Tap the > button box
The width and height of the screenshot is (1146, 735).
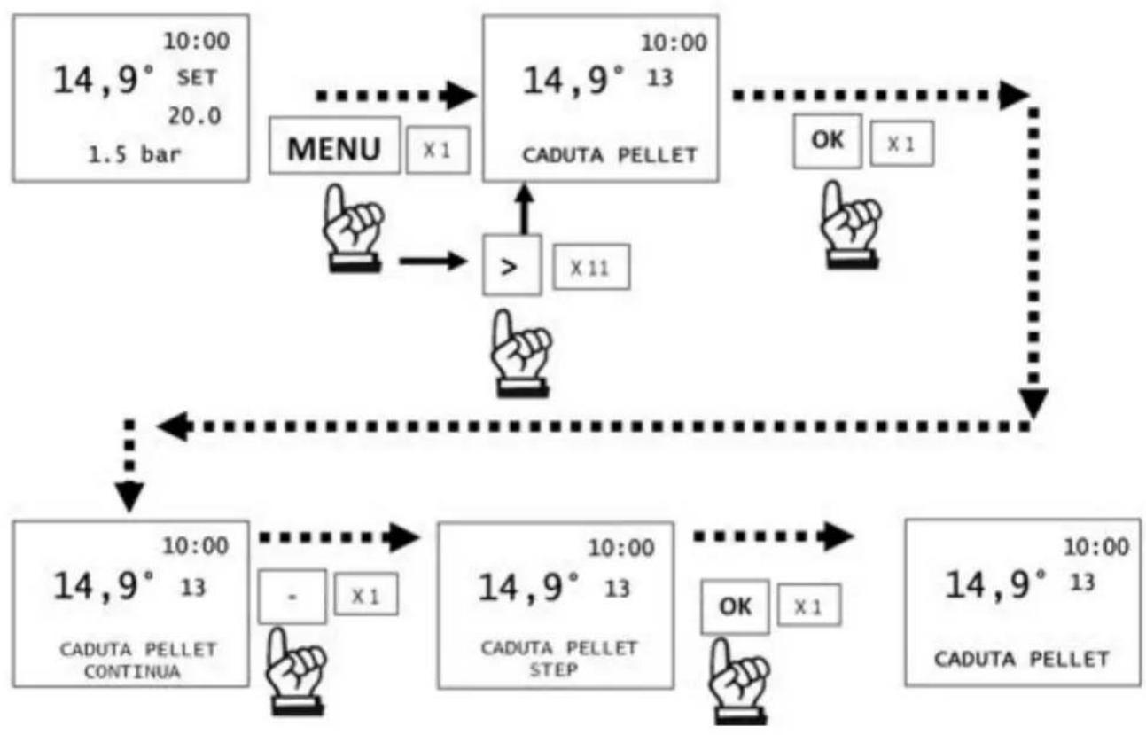click(511, 265)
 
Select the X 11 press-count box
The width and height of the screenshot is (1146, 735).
click(591, 267)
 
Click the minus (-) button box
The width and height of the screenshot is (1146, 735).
click(292, 597)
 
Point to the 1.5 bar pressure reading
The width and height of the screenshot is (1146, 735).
click(135, 154)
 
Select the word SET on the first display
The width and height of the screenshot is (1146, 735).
click(197, 78)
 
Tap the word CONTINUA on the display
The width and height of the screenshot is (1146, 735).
click(133, 671)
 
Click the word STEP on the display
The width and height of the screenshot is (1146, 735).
click(554, 669)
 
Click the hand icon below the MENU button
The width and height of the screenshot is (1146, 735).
click(353, 228)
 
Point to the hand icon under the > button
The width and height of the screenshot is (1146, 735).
click(521, 353)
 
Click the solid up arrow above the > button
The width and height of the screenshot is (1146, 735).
click(524, 210)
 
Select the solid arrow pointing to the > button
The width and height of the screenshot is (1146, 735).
click(433, 261)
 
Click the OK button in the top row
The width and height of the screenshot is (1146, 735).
click(827, 141)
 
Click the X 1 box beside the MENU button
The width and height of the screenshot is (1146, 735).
click(438, 150)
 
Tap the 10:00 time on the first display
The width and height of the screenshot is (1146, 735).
click(197, 41)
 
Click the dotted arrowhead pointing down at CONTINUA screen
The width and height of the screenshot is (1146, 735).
click(129, 497)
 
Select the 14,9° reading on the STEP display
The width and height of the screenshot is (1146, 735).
click(528, 589)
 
